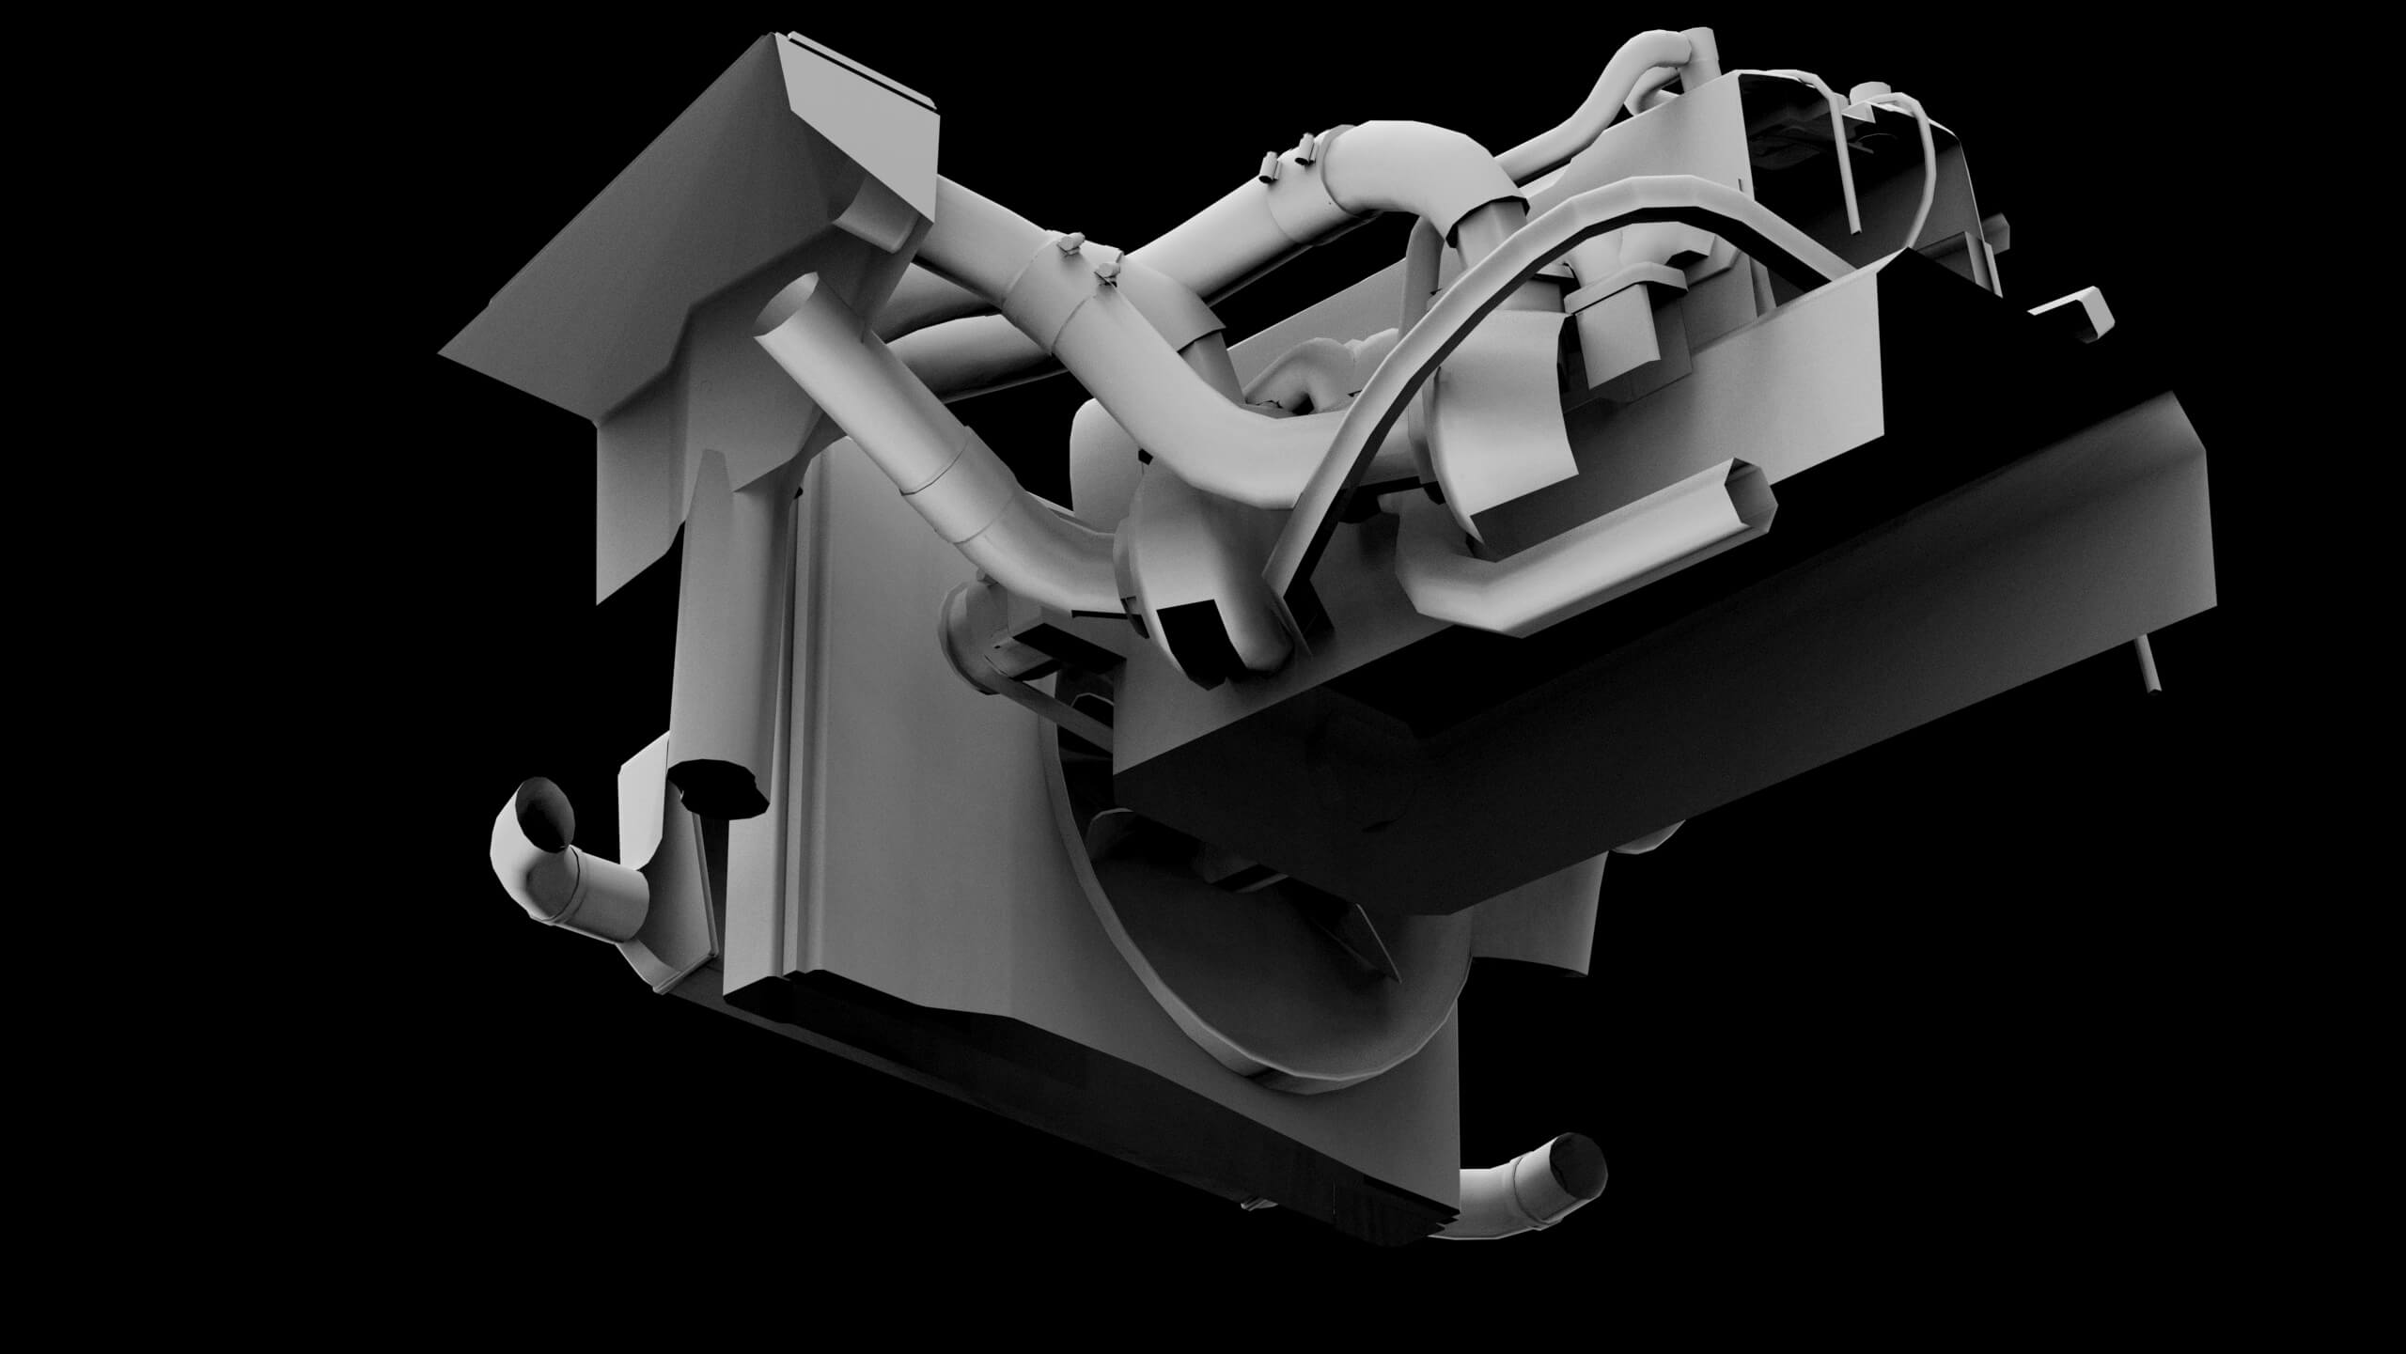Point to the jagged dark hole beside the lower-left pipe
click(720, 783)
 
